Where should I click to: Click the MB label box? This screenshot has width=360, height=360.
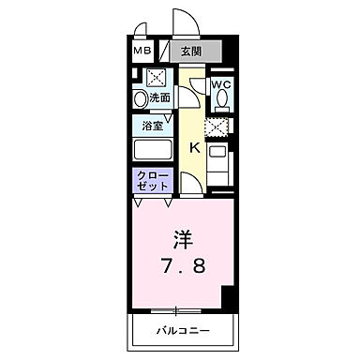tap(142, 51)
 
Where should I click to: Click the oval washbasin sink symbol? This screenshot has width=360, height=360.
tap(140, 97)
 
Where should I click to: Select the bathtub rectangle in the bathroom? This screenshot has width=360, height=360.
tap(154, 150)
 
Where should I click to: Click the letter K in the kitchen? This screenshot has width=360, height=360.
tap(195, 146)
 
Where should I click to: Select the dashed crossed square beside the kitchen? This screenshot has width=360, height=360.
tap(218, 127)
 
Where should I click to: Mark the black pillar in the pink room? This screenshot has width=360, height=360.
tap(226, 298)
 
